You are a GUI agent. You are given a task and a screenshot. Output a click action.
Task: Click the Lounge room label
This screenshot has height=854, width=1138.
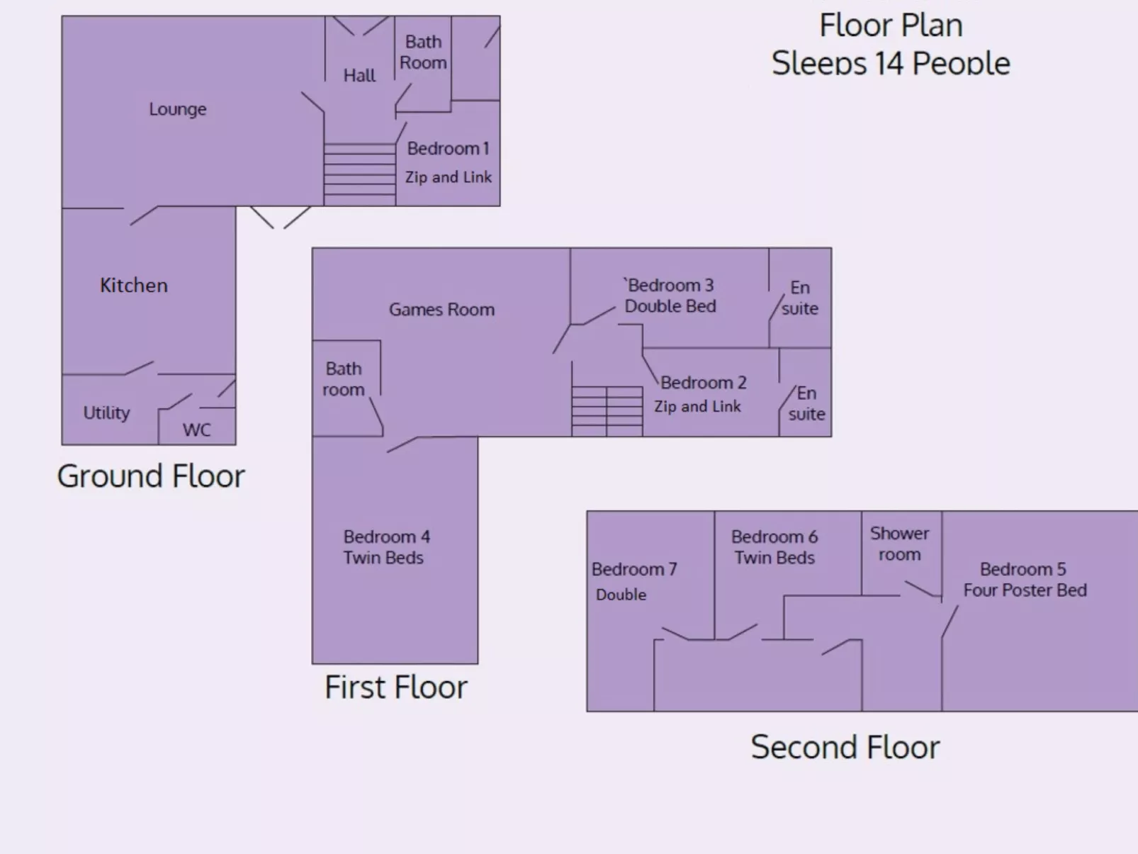[178, 109]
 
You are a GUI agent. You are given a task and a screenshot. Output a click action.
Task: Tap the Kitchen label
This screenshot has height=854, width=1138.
[134, 285]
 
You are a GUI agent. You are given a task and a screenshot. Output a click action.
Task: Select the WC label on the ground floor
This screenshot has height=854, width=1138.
[196, 430]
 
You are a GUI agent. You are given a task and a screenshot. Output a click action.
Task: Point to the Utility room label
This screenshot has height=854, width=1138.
[107, 412]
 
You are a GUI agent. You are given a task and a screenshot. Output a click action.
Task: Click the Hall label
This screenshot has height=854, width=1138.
[359, 76]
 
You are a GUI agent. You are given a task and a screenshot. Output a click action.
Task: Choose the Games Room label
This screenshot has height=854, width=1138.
[441, 310]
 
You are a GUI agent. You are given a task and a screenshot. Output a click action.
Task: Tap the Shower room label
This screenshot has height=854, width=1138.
[899, 544]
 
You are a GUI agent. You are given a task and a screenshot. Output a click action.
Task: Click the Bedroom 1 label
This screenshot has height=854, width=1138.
[448, 149]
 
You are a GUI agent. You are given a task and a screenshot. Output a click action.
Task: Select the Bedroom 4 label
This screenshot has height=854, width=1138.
[387, 536]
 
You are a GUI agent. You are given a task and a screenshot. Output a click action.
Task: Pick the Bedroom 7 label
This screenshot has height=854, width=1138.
[634, 569]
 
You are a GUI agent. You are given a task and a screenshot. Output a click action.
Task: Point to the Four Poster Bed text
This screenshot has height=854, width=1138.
[1025, 590]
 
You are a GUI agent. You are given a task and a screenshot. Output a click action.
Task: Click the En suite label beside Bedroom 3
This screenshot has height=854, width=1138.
[800, 298]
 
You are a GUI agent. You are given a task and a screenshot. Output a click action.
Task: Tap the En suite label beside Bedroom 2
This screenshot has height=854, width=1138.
[806, 403]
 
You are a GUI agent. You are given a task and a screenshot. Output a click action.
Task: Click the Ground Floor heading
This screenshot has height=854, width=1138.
[151, 476]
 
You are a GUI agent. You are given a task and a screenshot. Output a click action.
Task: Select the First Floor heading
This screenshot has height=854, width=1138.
[396, 687]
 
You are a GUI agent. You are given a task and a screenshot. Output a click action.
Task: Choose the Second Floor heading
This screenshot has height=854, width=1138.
[845, 747]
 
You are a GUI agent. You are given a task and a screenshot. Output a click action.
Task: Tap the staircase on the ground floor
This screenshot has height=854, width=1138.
[360, 175]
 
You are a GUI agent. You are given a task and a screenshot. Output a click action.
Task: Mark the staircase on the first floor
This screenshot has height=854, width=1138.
[607, 412]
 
